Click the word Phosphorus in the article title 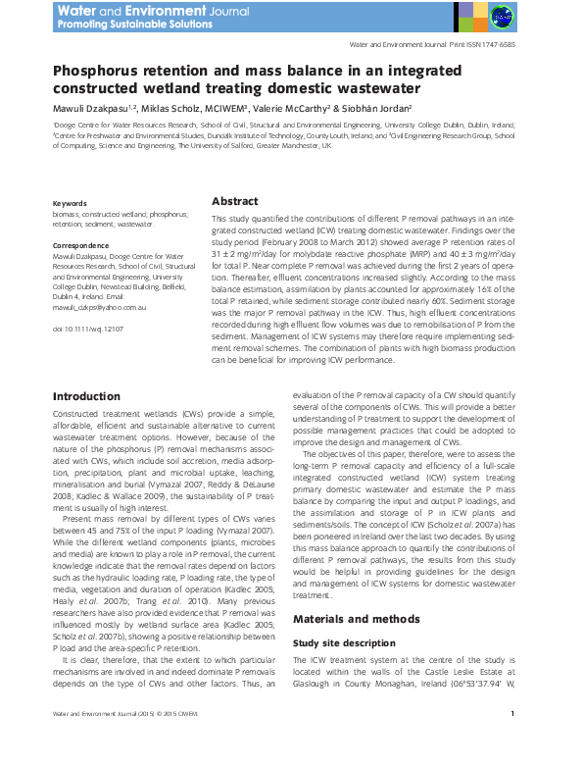tap(100, 72)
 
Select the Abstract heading tap(235, 200)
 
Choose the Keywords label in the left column tap(71, 203)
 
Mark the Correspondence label tap(80, 245)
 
